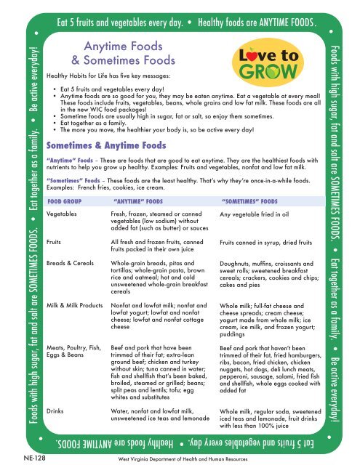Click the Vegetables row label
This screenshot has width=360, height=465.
[x=63, y=215]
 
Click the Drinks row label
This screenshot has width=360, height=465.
[x=56, y=411]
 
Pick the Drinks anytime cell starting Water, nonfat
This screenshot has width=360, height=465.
[x=153, y=416]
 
